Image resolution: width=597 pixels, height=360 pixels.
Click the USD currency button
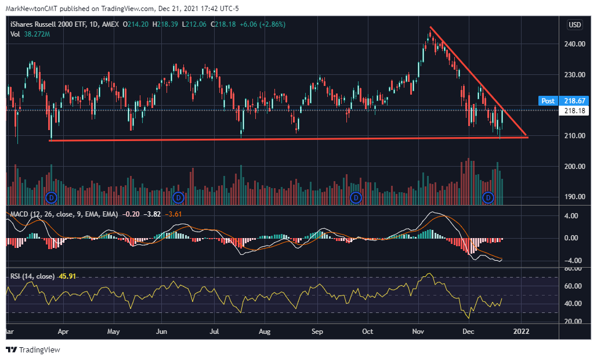(x=574, y=25)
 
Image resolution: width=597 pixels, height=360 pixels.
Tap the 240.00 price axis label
(x=574, y=44)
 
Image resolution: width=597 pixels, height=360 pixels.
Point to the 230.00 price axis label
(x=574, y=75)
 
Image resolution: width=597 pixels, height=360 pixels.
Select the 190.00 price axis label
(x=574, y=197)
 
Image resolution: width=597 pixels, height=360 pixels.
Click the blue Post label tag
(x=548, y=100)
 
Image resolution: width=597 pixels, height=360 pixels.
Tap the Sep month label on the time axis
(x=317, y=332)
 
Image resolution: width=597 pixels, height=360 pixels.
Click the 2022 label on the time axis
(x=521, y=332)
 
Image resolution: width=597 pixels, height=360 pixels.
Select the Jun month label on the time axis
(x=162, y=332)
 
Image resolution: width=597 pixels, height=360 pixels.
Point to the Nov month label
(x=418, y=332)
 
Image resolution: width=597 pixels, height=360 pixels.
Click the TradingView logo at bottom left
(x=33, y=350)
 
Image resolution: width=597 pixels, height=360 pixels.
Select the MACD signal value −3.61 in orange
(x=172, y=214)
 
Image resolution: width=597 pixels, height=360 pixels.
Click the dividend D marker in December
(x=489, y=197)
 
